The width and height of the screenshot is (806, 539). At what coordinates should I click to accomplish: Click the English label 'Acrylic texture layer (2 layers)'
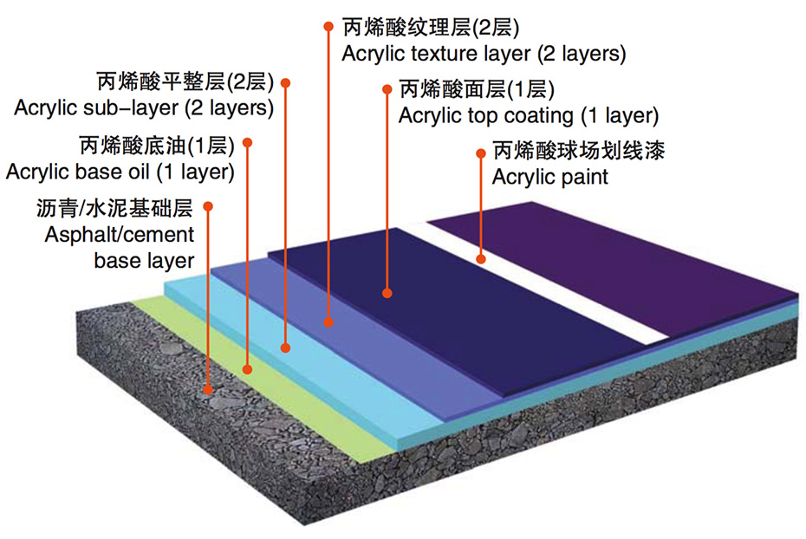tap(484, 54)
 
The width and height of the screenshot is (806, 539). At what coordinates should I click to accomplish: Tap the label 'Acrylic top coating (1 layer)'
tap(529, 115)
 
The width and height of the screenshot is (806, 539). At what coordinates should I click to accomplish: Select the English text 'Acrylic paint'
tap(550, 178)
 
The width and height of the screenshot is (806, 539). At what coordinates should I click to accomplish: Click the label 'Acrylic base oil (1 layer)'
tap(120, 172)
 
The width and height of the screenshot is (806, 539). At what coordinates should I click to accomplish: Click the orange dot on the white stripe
tap(481, 258)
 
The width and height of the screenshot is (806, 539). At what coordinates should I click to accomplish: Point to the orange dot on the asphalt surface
tap(207, 391)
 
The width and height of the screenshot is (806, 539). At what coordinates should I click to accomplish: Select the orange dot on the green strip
tap(247, 370)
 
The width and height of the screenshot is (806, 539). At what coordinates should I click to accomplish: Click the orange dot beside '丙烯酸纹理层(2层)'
tap(328, 27)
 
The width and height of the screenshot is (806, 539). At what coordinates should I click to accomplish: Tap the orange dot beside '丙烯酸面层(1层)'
tap(385, 88)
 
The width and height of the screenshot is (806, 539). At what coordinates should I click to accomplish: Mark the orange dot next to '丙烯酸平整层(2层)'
tap(286, 83)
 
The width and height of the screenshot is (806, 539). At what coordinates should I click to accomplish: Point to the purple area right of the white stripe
tap(607, 251)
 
